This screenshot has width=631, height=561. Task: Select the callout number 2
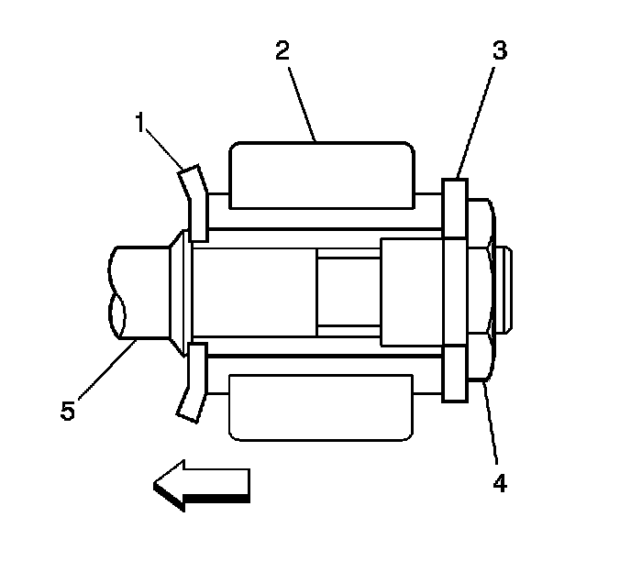click(283, 51)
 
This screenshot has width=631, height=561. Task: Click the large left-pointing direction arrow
click(202, 484)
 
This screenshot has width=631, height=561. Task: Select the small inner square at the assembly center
click(349, 291)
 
